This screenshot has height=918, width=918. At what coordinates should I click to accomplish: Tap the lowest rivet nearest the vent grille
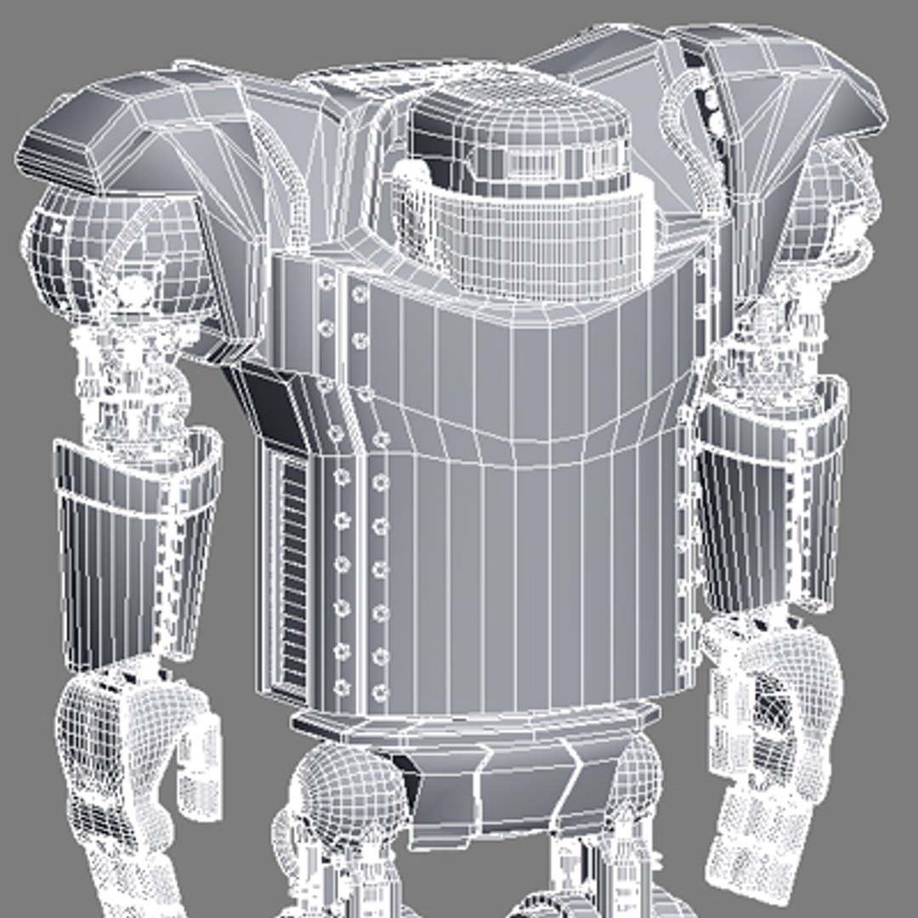pos(343,687)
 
